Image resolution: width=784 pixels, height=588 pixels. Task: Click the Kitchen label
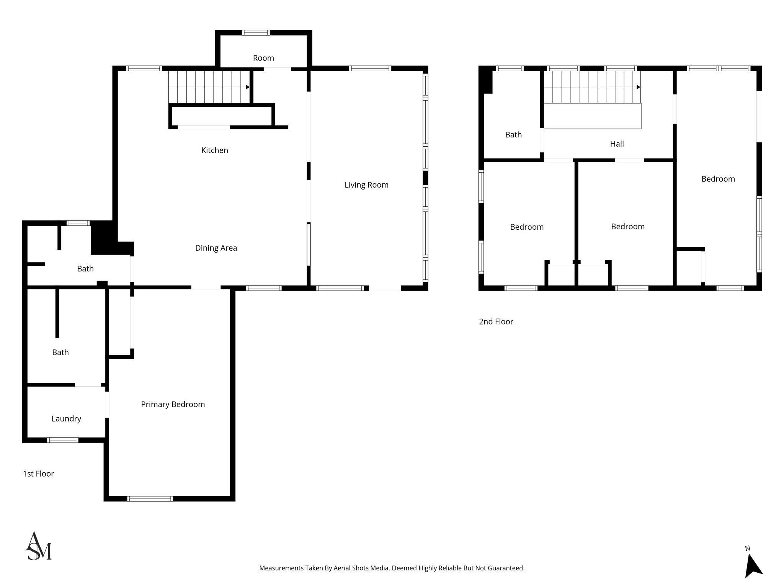(214, 150)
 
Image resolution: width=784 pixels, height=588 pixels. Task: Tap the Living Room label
(366, 185)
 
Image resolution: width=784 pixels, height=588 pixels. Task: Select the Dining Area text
(216, 248)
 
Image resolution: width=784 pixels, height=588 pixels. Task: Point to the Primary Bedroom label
(173, 404)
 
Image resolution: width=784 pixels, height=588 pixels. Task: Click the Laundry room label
(66, 418)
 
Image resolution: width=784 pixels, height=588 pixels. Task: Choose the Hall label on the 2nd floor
(617, 144)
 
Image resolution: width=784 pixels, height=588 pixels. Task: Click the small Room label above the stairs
(263, 58)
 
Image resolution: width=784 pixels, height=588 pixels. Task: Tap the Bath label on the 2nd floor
(513, 135)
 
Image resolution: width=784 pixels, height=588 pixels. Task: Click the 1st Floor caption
(38, 474)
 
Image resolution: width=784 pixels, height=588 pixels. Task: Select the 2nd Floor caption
(496, 322)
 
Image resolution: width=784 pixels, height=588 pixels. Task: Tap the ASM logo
(39, 546)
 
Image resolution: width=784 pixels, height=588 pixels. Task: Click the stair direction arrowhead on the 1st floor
(248, 87)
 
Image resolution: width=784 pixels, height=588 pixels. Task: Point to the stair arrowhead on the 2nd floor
(638, 87)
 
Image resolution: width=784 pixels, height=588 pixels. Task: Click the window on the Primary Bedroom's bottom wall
(150, 498)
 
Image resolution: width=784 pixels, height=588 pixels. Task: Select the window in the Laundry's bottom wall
(63, 440)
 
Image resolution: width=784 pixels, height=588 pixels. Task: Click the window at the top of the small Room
(256, 33)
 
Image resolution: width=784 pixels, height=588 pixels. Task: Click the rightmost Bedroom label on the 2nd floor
(718, 179)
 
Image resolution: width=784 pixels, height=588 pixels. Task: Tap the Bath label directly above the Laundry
(60, 353)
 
